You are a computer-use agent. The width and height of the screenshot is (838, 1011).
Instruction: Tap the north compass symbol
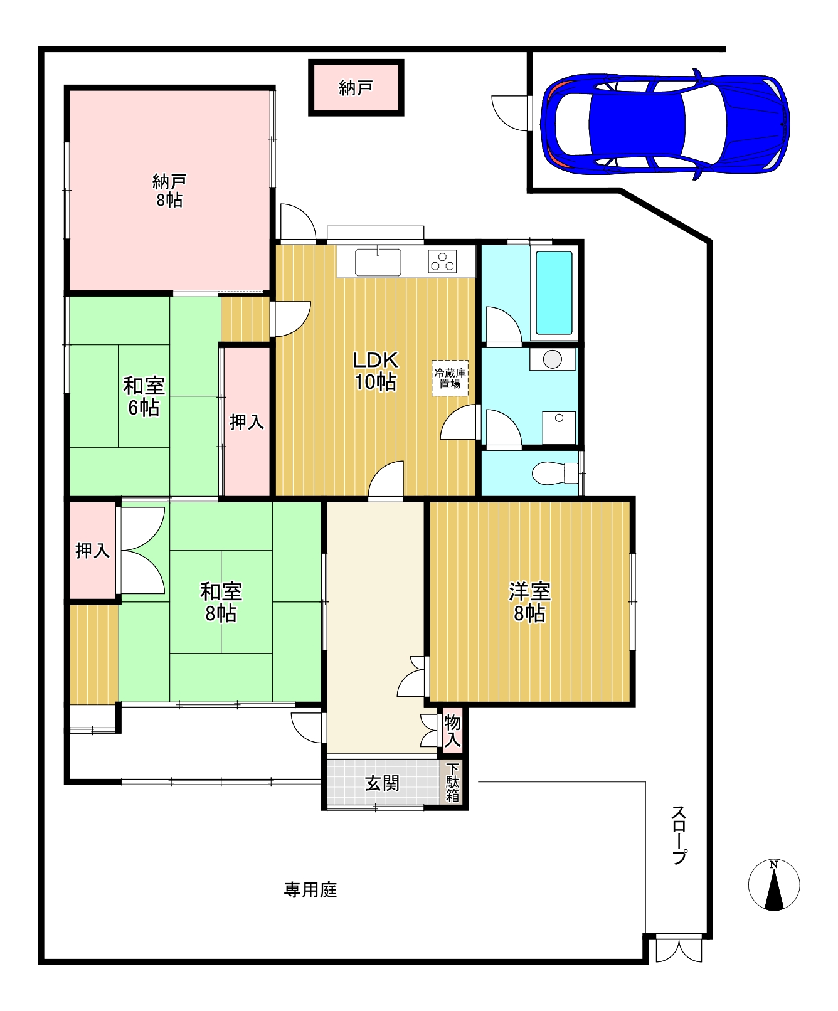coord(774,885)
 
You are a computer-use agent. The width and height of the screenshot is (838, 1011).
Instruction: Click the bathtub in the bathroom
coord(554,292)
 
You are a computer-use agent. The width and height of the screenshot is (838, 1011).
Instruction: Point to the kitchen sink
coord(378,262)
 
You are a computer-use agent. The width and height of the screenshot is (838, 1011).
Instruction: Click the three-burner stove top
coord(443,262)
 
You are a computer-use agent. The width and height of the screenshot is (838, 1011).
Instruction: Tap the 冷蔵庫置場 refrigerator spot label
coord(450,378)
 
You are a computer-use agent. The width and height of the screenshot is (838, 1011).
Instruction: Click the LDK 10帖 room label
coord(375,371)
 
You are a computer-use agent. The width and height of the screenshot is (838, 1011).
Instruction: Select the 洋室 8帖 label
coord(529,602)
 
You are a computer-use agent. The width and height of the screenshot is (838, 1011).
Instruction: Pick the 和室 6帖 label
coord(144,396)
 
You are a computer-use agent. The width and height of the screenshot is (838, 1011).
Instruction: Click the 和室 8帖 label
coord(221,602)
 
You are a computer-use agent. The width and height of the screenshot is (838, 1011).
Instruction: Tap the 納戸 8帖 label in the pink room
coord(169,191)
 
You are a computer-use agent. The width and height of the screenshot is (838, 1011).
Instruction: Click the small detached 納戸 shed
coord(356,88)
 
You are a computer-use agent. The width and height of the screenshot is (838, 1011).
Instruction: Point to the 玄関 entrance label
coord(382,783)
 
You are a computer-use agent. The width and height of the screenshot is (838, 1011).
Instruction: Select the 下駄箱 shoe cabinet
coord(453,782)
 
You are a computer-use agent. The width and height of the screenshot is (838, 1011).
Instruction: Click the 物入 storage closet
coord(452,731)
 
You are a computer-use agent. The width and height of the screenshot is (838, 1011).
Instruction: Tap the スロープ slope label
coord(679,834)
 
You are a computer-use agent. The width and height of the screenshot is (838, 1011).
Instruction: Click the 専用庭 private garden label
coord(310,889)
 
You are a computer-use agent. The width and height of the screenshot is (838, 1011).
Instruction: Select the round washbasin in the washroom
coord(552,359)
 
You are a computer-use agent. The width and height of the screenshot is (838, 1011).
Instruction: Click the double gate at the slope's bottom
coord(679,950)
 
